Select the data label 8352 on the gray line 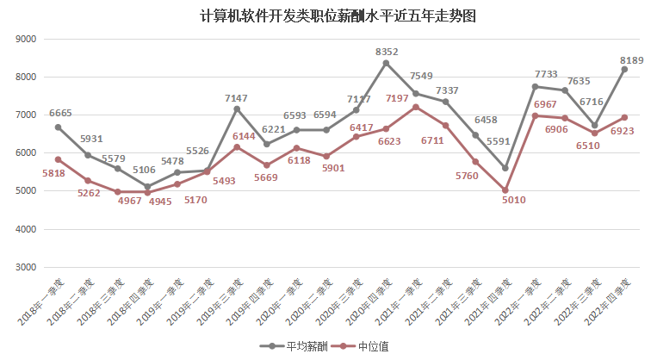click(x=387, y=53)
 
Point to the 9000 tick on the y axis click(x=25, y=39)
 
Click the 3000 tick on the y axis click(x=25, y=268)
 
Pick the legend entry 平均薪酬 click(x=301, y=346)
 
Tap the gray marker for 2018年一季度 click(x=58, y=127)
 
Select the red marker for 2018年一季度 click(x=58, y=159)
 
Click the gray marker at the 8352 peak click(x=386, y=63)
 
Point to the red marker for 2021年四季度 click(x=505, y=190)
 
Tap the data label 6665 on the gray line click(x=60, y=113)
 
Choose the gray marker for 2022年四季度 click(x=624, y=69)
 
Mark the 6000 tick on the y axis click(x=25, y=153)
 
